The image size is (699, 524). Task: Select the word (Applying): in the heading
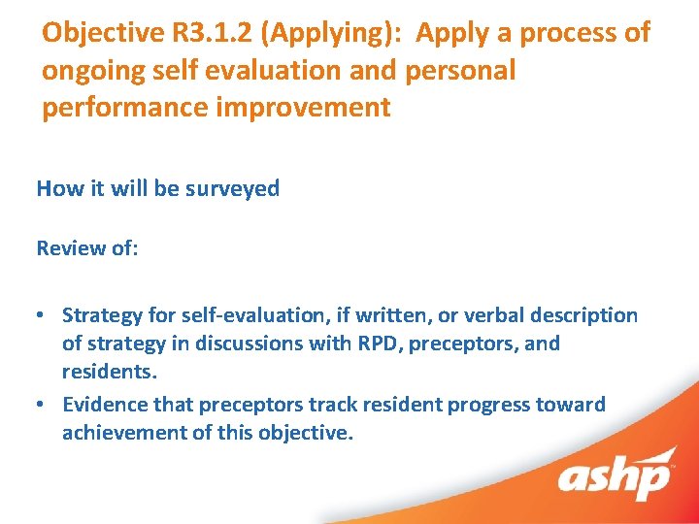(327, 33)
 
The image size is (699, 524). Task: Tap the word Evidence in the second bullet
(103, 404)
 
